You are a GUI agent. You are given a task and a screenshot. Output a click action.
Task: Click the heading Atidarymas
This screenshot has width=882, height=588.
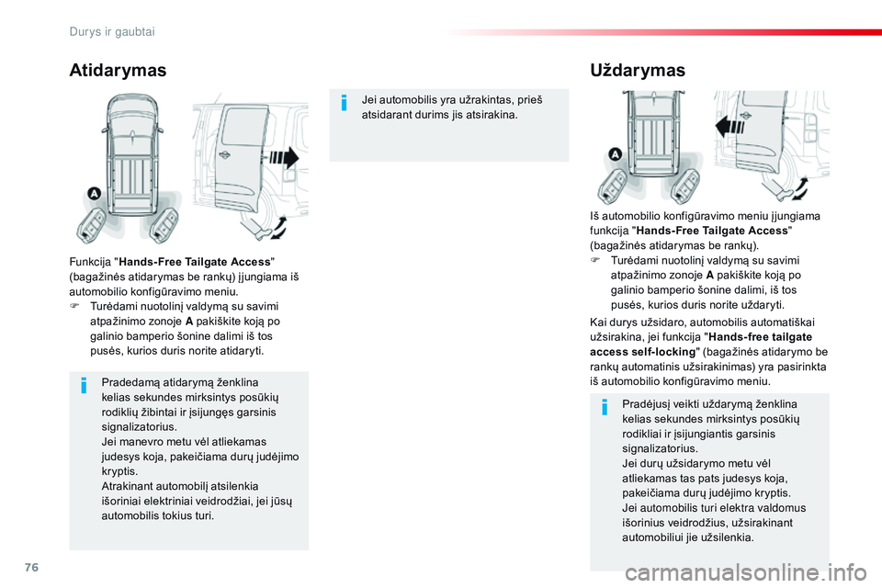point(118,71)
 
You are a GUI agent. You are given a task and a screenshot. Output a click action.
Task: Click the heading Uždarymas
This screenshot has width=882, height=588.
point(637,71)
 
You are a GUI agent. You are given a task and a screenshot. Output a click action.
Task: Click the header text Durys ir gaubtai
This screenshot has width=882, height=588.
point(111,31)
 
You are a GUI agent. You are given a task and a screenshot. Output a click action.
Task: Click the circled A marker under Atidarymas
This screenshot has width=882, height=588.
point(94,193)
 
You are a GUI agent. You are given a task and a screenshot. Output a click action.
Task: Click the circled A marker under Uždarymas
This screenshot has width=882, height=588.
point(614,153)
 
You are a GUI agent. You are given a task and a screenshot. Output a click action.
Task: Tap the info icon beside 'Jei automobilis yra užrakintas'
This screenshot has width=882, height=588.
point(344,102)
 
